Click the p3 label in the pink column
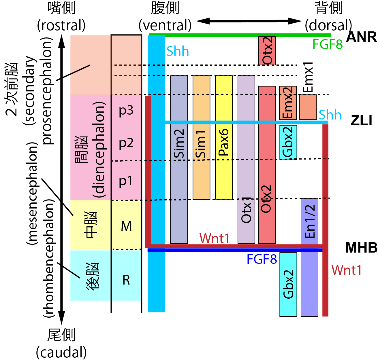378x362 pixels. click(126, 110)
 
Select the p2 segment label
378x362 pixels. click(126, 143)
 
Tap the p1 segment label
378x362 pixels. click(126, 181)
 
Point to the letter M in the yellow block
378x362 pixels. click(126, 226)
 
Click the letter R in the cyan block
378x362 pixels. click(126, 280)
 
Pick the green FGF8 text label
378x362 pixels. click(327, 45)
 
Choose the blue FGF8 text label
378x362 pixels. click(262, 259)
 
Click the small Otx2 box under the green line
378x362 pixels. click(267, 51)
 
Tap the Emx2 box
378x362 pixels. click(288, 103)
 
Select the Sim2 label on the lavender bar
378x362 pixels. click(179, 143)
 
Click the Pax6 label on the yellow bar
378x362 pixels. click(224, 142)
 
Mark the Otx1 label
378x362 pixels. click(246, 210)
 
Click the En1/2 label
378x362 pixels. click(310, 221)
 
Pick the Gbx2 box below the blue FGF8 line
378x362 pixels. click(288, 284)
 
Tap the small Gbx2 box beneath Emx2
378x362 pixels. click(288, 142)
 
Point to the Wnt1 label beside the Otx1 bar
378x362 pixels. click(215, 238)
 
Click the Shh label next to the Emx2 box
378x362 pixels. click(330, 115)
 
